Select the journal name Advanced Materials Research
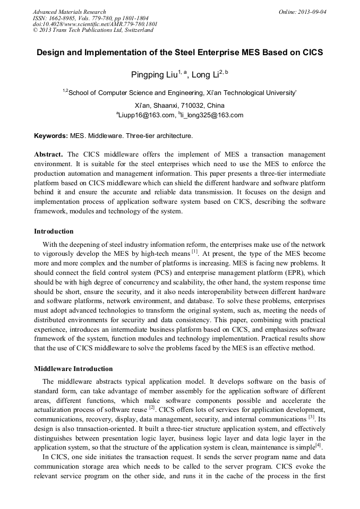pos(69,12)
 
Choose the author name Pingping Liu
pos(154,75)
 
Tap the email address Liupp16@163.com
pos(145,115)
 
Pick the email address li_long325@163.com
pos(212,115)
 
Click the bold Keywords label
pos(51,136)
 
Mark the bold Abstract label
pos(49,154)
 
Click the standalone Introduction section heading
pos(54,231)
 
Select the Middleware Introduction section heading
pos(73,369)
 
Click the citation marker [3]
pos(312,417)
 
